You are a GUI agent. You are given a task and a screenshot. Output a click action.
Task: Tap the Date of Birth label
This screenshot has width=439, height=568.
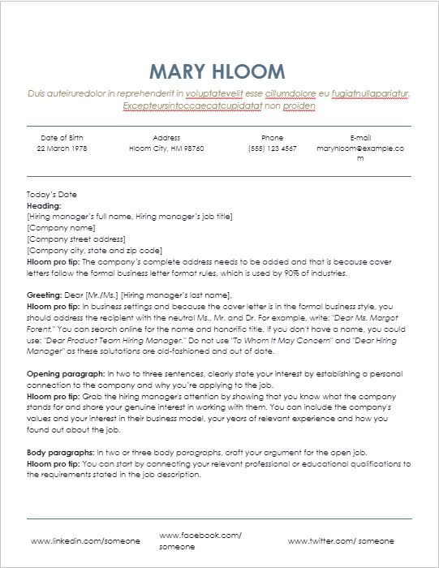tap(62, 138)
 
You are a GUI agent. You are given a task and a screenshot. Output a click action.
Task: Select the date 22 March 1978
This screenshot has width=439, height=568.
tap(62, 149)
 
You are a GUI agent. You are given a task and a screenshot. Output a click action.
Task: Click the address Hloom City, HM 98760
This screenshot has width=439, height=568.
tap(166, 149)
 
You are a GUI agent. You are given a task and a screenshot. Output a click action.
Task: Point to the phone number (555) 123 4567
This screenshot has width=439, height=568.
tap(273, 149)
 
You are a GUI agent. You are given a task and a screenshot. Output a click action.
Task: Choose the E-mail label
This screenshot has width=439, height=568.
tap(359, 138)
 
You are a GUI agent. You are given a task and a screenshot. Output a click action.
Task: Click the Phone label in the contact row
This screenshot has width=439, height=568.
tap(273, 138)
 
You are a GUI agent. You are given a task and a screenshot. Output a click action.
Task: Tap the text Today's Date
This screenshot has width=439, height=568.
tap(52, 196)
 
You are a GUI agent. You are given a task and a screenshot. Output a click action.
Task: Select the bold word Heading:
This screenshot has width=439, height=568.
tap(44, 206)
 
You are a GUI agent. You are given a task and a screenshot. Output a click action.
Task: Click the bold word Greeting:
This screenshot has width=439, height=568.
tap(45, 295)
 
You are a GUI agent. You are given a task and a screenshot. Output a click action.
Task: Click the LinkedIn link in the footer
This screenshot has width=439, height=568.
tap(85, 540)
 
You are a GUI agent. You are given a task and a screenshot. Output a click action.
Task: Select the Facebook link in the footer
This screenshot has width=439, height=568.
tap(200, 536)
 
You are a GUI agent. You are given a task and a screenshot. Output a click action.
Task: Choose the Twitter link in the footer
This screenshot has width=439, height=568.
tap(341, 540)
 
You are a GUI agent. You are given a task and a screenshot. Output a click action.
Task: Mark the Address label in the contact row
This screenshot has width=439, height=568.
tap(166, 138)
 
